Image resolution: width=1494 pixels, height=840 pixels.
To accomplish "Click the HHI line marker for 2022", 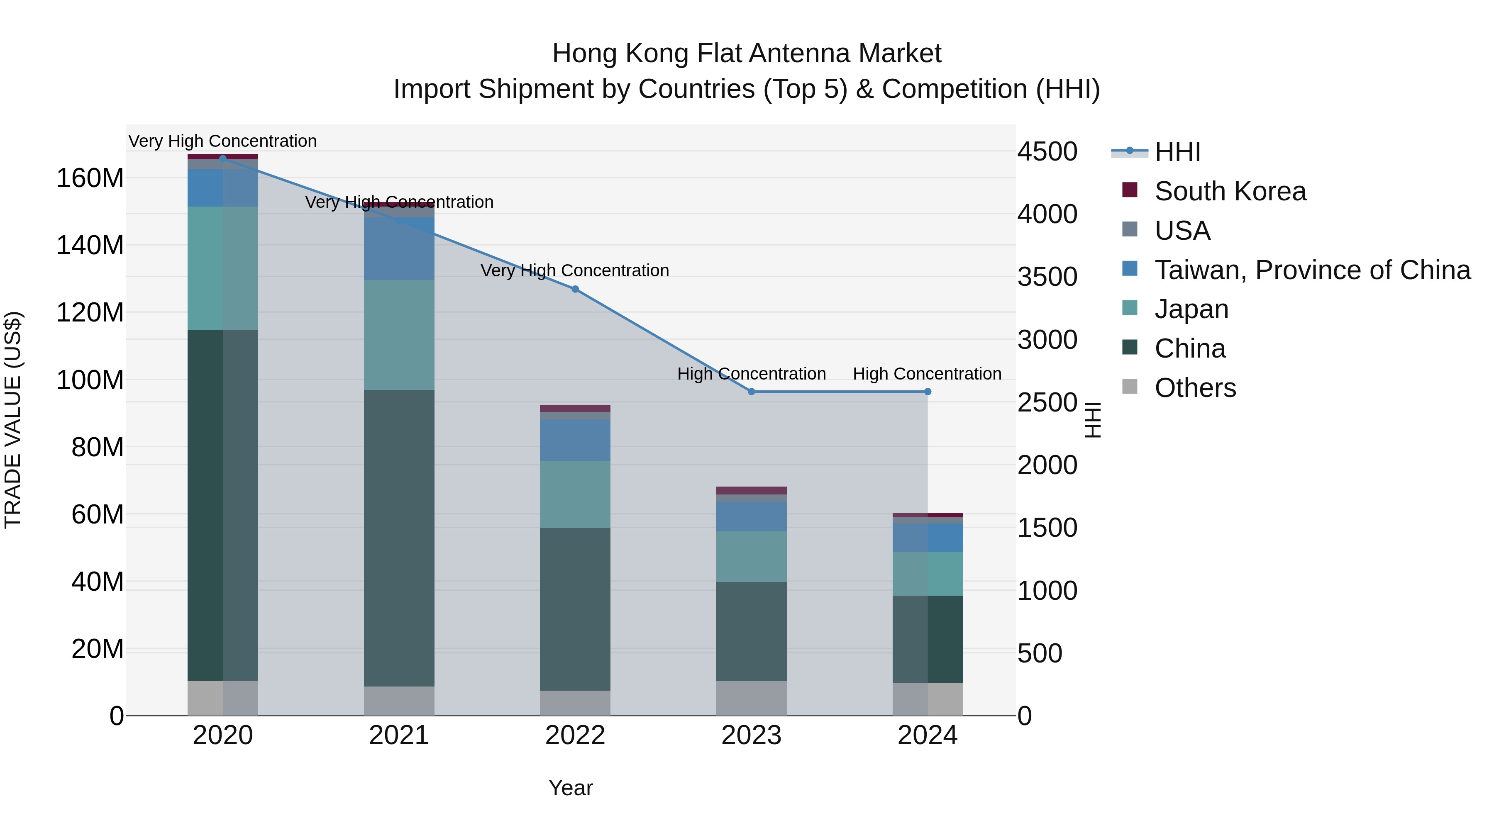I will click(575, 289).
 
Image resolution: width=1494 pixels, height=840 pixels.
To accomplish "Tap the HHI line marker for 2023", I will click(751, 391).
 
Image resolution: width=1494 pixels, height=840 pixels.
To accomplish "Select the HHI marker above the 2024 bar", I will click(928, 391).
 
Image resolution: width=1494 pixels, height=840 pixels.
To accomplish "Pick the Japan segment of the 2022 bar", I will click(575, 494).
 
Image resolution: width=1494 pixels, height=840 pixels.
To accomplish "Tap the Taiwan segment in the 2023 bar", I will click(751, 516).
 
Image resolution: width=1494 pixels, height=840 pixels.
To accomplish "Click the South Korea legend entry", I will click(1230, 191).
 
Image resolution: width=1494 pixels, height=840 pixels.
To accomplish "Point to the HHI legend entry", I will click(1177, 152).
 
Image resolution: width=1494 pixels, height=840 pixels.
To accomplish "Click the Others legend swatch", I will click(1130, 386).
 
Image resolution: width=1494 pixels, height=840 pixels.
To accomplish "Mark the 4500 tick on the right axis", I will click(1047, 152).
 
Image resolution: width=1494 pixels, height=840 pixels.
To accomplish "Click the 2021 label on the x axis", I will click(399, 735).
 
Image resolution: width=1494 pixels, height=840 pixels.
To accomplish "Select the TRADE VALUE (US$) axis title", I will click(13, 420).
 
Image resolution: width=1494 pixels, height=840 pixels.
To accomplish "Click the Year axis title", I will click(571, 788).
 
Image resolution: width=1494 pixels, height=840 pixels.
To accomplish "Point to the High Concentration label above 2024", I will click(927, 374).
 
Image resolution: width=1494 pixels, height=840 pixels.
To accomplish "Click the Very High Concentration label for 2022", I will click(575, 271).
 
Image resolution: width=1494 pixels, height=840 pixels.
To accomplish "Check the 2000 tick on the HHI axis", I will click(1047, 465).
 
